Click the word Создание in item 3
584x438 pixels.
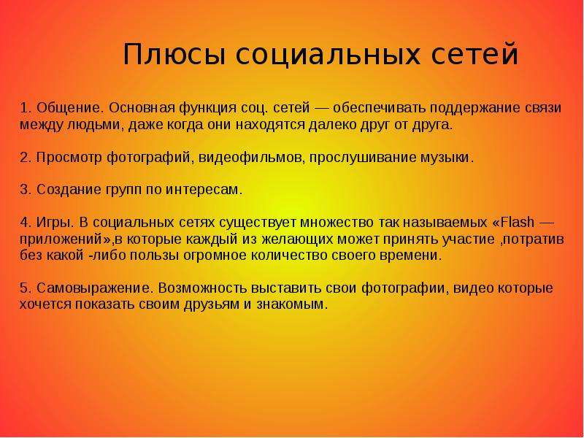(69, 190)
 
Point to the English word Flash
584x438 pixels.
(518, 223)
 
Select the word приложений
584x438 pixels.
(63, 239)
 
